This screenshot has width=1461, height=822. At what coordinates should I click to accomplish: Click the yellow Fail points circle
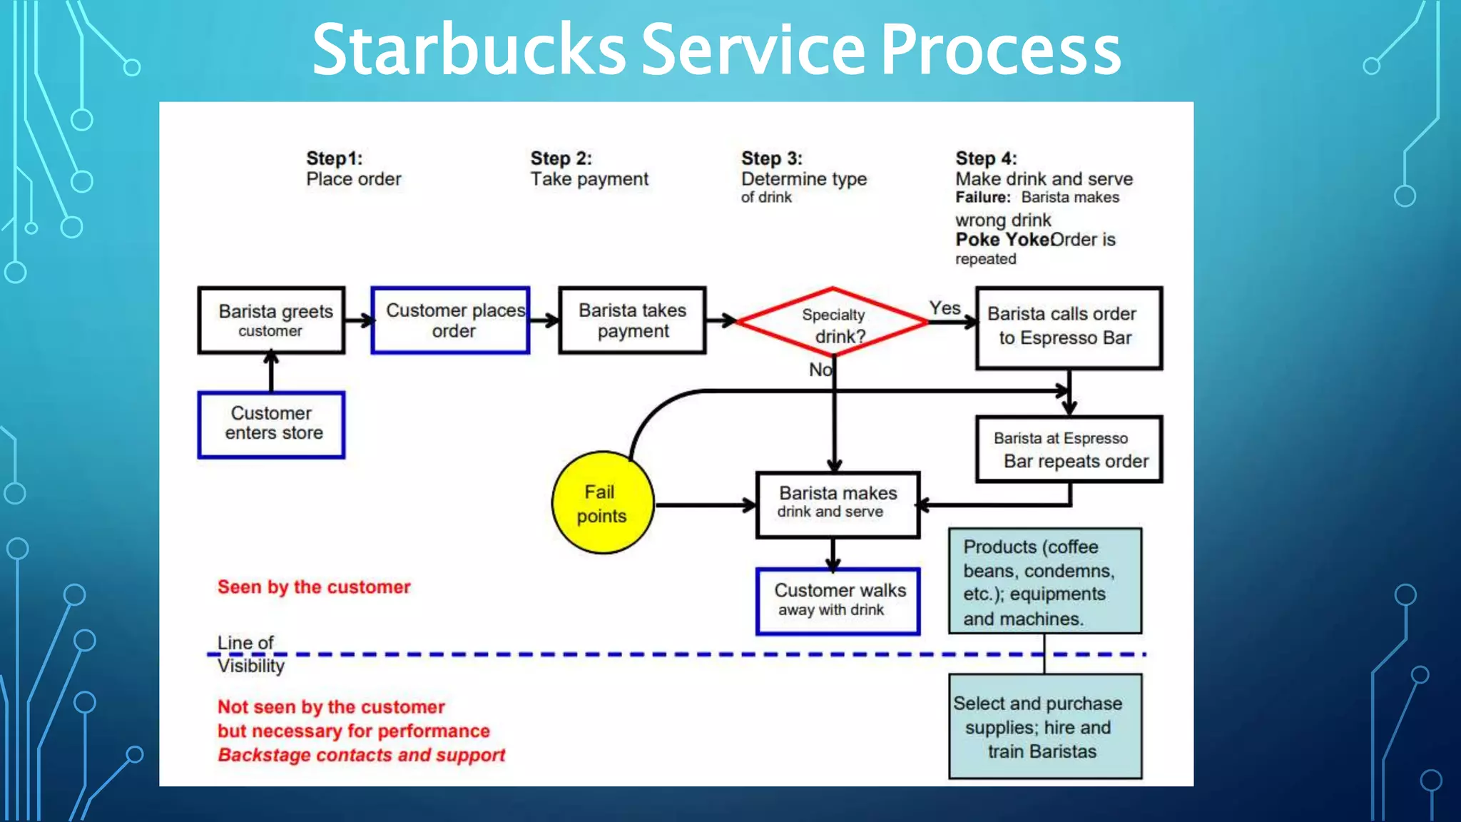(603, 502)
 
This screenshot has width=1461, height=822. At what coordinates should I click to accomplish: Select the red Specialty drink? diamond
(833, 323)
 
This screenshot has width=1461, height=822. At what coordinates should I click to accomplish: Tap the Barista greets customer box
(271, 320)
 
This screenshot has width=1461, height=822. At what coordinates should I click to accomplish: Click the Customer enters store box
(271, 424)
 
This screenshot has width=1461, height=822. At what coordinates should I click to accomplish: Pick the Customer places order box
(450, 320)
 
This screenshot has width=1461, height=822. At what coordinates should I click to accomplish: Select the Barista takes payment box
(632, 320)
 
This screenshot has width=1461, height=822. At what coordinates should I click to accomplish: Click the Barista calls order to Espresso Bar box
(1068, 328)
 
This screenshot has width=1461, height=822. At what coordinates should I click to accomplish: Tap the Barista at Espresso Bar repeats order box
(1068, 450)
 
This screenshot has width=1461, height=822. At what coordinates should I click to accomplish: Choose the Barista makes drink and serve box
(838, 504)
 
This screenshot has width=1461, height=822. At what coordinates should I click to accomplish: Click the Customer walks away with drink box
(838, 600)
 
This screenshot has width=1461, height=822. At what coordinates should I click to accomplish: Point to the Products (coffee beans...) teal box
(1044, 581)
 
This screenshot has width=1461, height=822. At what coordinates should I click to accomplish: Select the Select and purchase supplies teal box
(1044, 726)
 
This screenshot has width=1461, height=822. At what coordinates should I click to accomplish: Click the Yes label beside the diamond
(945, 308)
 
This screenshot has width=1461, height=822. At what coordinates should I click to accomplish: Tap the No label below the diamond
(820, 370)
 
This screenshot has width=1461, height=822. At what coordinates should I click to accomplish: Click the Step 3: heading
(771, 158)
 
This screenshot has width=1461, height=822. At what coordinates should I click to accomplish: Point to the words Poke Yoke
(1002, 240)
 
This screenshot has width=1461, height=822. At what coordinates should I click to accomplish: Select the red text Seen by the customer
(314, 587)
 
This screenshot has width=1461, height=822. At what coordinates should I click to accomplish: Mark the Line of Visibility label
(250, 654)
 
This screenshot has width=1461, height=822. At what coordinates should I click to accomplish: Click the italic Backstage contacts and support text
(361, 755)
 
